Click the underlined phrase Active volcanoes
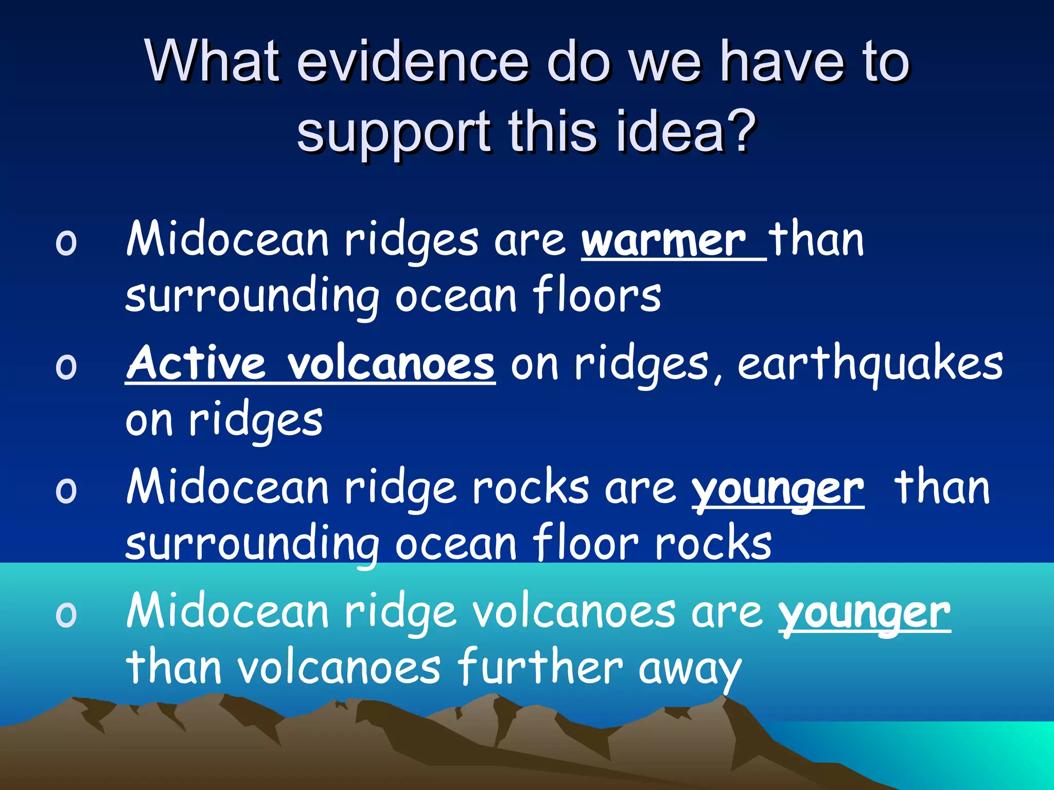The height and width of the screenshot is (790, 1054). click(x=310, y=364)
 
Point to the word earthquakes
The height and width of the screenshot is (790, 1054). click(x=870, y=364)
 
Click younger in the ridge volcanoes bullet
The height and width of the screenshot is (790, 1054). click(x=864, y=613)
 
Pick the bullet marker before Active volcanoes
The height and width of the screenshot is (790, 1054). click(x=66, y=366)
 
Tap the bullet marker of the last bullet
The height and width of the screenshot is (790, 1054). click(x=66, y=614)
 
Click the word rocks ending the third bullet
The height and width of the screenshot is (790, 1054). click(x=713, y=543)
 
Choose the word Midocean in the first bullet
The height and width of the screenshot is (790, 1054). click(x=227, y=240)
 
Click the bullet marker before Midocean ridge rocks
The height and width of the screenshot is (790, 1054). click(x=66, y=490)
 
